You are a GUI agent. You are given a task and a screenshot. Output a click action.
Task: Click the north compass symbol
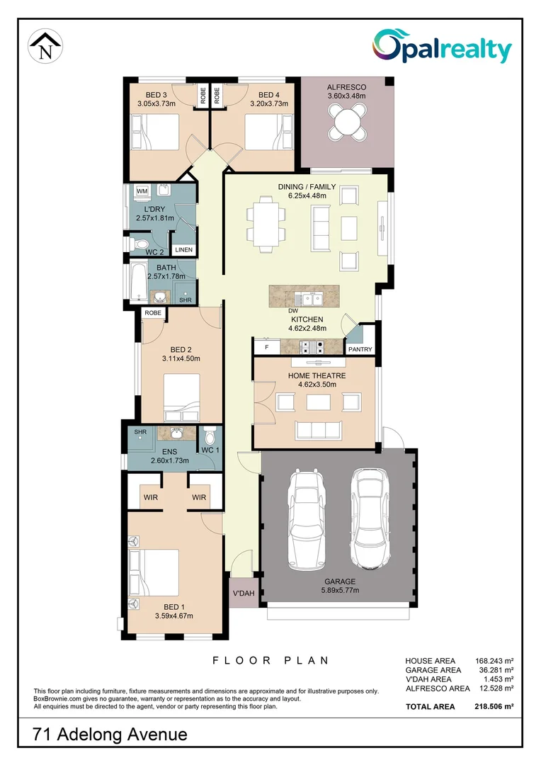[x=45, y=47]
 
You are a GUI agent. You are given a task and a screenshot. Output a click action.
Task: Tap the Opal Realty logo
[x=443, y=48]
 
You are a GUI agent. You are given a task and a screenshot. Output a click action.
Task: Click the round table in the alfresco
[x=348, y=123]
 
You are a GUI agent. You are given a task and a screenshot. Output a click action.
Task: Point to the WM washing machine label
[x=142, y=191]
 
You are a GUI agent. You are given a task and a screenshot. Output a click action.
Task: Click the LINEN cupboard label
[x=183, y=250]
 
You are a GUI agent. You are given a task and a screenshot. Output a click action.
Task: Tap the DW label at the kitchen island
[x=292, y=311]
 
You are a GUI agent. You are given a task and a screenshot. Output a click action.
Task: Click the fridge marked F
[x=267, y=348]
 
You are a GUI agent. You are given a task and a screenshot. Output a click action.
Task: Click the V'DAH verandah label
[x=243, y=594]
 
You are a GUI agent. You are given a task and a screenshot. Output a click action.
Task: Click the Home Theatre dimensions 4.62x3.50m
[x=317, y=385]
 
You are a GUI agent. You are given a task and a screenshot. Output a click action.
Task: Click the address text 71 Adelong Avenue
[x=110, y=735]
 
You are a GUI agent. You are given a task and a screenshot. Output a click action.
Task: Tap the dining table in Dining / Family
[x=266, y=227]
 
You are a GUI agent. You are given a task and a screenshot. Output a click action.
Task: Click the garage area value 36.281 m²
[x=494, y=669]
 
